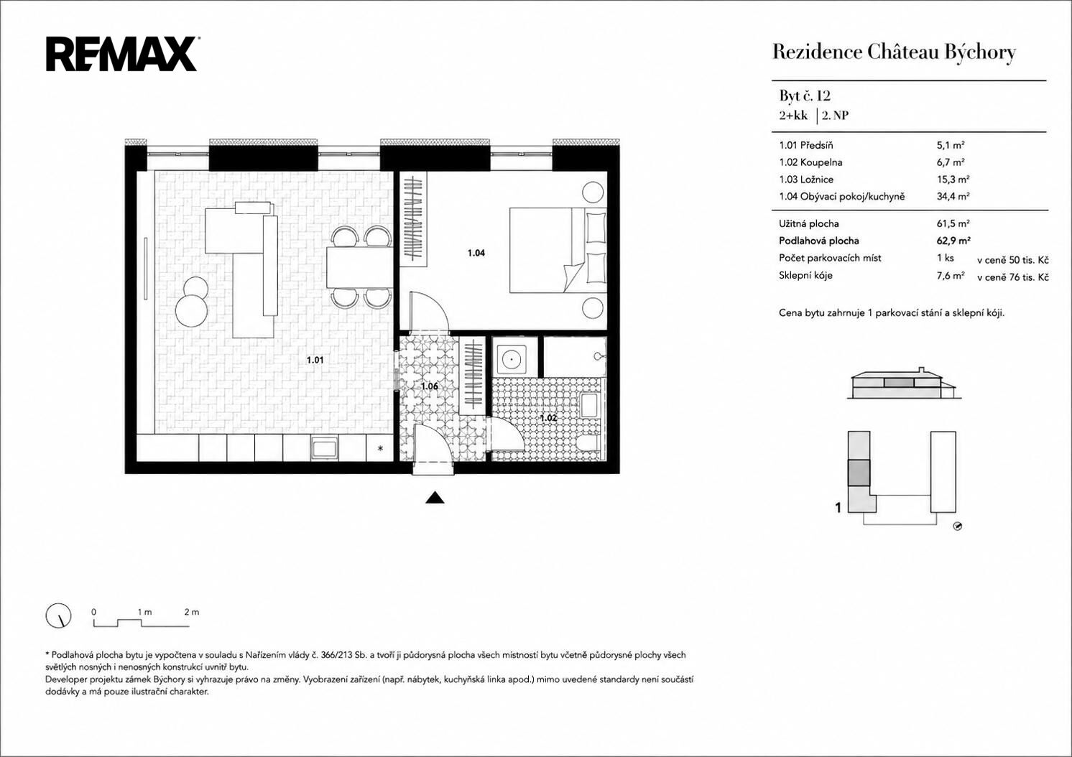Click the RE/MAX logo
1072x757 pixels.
[x=122, y=55]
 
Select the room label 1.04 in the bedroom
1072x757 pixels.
[x=476, y=253]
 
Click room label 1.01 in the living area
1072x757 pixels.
[x=315, y=360]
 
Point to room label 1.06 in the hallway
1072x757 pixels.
[x=429, y=386]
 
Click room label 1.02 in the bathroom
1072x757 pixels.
[x=548, y=418]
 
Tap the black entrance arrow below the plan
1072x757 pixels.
[x=435, y=498]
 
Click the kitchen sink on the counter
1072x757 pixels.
[x=324, y=448]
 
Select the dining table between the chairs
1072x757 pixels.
[x=359, y=267]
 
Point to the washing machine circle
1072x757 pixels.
[x=511, y=359]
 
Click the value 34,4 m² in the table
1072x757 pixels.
[x=953, y=196]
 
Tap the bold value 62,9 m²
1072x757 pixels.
[x=953, y=241]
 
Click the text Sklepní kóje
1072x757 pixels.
[x=806, y=275]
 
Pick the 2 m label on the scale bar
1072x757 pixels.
[x=191, y=612]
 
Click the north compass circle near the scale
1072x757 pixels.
[x=58, y=615]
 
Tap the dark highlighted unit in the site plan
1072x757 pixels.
[x=859, y=473]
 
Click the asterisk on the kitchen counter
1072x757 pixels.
[x=381, y=448]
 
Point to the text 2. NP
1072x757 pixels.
[x=835, y=116]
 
